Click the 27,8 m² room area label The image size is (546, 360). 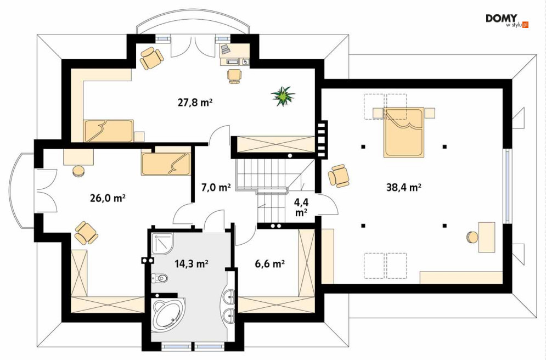coord(195,103)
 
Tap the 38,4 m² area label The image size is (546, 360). coord(404,188)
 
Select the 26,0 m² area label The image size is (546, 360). coord(108,199)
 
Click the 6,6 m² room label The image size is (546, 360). coord(270,265)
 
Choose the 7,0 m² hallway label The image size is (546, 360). coord(216,188)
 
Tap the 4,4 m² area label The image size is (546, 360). coord(301,207)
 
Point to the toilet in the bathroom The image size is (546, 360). coord(160,278)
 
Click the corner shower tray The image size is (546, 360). coord(162,244)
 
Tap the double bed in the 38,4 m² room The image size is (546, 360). coord(404,132)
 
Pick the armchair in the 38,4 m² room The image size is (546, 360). coord(339,176)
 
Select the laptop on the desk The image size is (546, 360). coord(224,49)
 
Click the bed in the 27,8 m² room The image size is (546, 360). coord(108,131)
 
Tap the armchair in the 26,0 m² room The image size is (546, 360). coord(86,233)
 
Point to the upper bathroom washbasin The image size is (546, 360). coord(229,296)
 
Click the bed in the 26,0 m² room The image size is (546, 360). coord(166,164)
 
